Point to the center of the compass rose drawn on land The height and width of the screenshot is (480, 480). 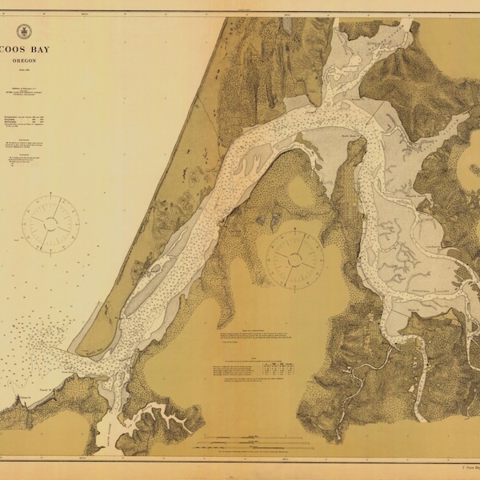[294, 257]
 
